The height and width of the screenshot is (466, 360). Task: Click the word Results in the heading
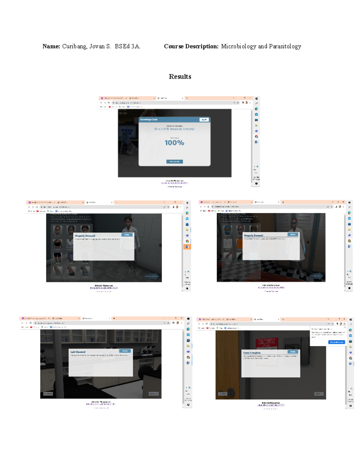click(180, 77)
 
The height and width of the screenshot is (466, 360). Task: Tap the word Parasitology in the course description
click(285, 47)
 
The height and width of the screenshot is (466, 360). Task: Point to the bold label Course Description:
click(191, 47)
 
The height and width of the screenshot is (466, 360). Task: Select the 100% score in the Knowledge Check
click(174, 143)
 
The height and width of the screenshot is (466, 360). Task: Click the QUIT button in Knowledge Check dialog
click(204, 120)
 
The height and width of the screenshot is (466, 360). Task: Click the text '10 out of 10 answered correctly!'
click(174, 129)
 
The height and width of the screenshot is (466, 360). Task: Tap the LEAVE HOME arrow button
click(152, 276)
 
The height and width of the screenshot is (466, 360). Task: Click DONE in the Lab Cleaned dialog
click(125, 351)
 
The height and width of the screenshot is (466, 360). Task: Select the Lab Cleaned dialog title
click(78, 352)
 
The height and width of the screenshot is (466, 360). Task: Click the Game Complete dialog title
click(252, 353)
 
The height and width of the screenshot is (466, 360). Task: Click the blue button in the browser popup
click(336, 342)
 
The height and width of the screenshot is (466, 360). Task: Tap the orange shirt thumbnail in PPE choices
click(239, 244)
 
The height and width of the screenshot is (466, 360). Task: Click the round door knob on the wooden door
click(231, 392)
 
